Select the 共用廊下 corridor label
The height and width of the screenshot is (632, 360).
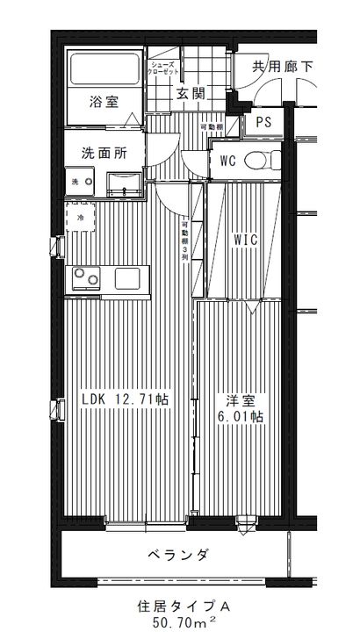tap(282, 67)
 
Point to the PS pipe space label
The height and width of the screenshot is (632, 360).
tap(263, 123)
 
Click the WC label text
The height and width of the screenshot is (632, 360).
tap(228, 161)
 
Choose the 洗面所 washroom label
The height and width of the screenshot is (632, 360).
tap(104, 152)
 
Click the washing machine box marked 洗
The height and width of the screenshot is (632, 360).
tap(76, 182)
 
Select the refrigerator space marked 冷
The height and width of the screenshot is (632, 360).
tap(80, 217)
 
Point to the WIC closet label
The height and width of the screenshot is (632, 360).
tap(245, 240)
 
